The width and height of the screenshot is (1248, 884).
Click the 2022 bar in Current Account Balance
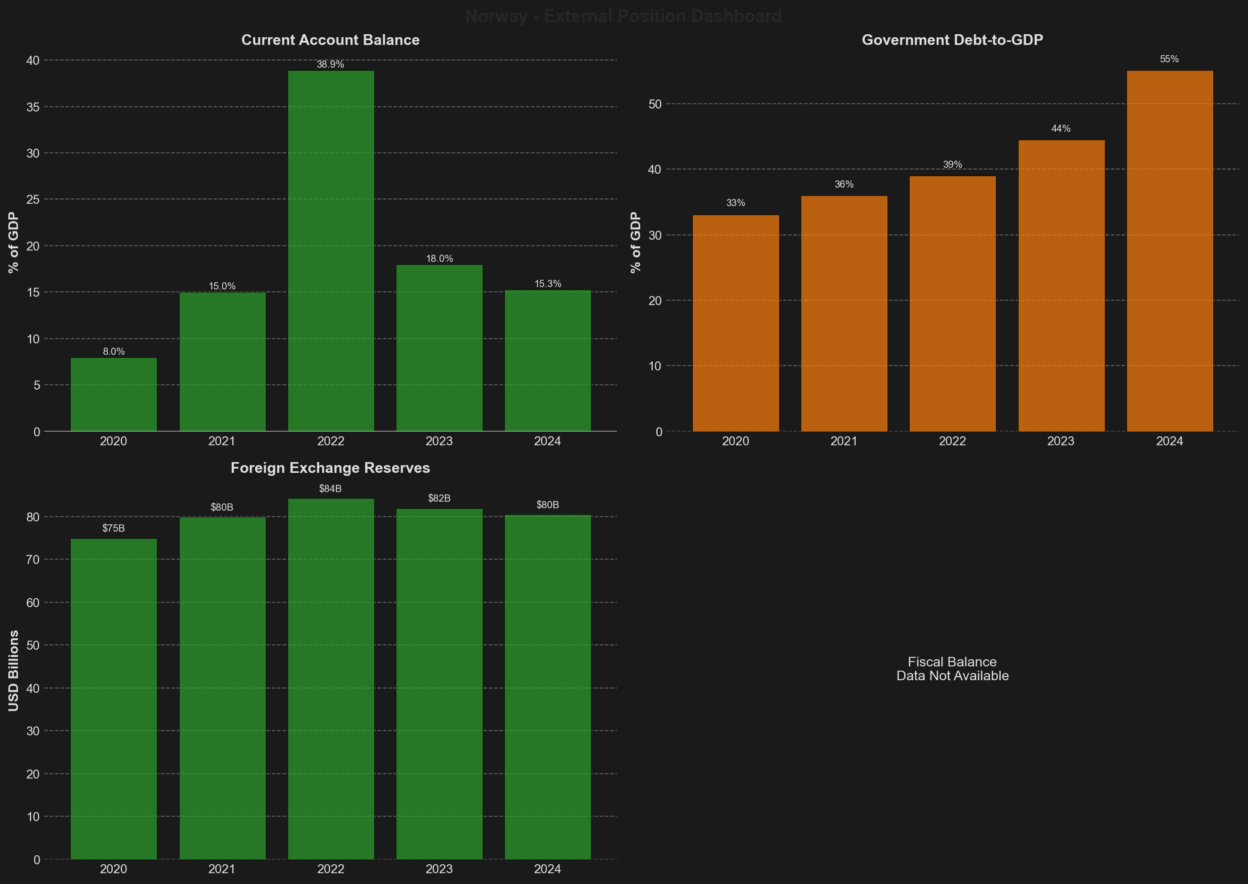coord(331,251)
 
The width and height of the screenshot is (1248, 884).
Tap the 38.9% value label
coord(331,65)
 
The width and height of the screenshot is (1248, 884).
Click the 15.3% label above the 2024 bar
coord(547,284)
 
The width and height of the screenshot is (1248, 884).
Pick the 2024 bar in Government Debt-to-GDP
coord(1170,251)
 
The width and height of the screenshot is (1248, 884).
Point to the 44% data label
coord(1061,129)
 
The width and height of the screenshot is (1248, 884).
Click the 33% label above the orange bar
coord(735,203)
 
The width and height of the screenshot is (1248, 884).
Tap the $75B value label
coord(113,529)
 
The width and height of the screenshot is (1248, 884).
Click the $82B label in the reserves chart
coord(439,499)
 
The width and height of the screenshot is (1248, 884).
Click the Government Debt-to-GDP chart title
coord(952,40)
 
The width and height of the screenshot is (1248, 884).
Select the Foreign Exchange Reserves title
coord(330,468)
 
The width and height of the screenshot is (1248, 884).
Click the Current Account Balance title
coord(330,40)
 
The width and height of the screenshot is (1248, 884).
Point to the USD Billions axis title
coord(14,671)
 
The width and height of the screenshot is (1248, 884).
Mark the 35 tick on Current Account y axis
coord(33,107)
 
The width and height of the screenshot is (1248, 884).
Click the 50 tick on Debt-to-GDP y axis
coord(655,104)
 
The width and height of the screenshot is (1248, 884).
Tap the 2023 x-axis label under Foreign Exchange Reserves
coord(439,869)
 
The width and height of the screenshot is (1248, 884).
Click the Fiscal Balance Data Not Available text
coord(952,669)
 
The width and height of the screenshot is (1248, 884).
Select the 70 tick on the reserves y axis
coord(33,560)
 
